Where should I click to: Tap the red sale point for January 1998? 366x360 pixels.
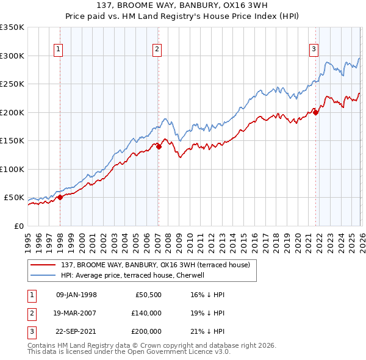point(60,197)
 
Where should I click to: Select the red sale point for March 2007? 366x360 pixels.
point(159,146)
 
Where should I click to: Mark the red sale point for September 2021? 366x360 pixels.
point(315,112)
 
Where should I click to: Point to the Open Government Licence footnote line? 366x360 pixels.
point(129,352)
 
